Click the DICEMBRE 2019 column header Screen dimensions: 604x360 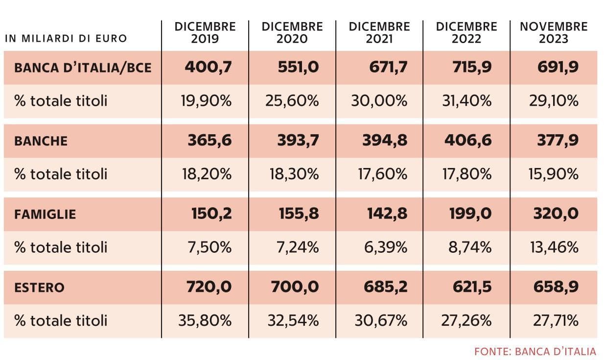click(205, 33)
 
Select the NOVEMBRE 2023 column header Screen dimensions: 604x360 click(554, 33)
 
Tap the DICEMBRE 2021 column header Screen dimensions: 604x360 click(379, 33)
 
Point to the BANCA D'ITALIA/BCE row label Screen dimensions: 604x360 click(83, 68)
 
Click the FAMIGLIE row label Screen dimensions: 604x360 click(45, 215)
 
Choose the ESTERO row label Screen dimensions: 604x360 click(39, 288)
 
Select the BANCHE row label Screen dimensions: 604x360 click(41, 141)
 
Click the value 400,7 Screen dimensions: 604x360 click(208, 67)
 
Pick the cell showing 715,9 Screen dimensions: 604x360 click(472, 67)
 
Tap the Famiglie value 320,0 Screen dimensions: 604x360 click(556, 214)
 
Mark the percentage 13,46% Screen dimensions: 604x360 click(554, 247)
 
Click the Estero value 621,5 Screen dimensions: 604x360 click(472, 287)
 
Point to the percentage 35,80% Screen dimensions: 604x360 click(205, 321)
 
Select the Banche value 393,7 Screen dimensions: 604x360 click(298, 141)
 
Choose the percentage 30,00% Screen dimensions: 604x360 click(379, 101)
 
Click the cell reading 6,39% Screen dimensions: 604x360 click(386, 247)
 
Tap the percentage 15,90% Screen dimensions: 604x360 click(553, 174)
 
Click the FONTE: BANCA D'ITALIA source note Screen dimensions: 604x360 click(535, 352)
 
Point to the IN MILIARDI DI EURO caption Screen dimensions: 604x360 click(66, 39)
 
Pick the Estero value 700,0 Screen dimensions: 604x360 click(295, 287)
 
